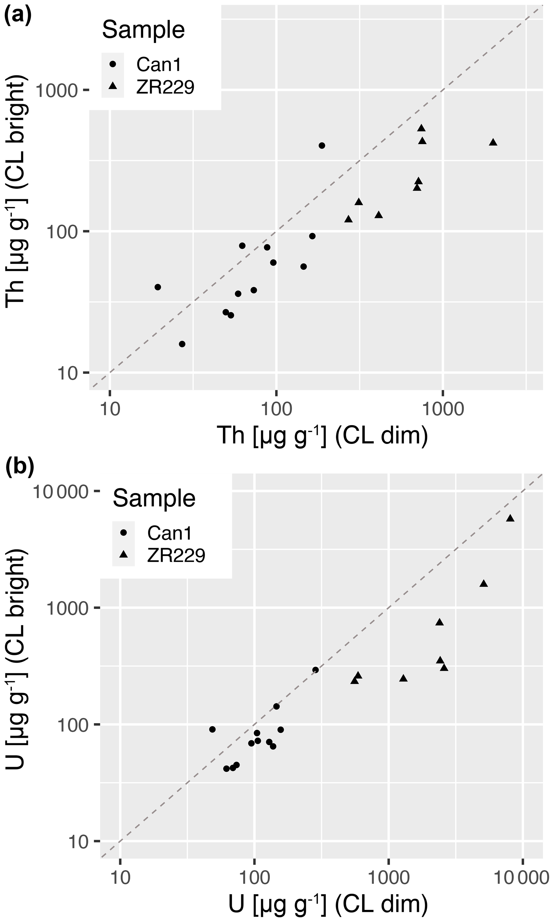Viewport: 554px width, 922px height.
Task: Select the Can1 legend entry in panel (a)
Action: click(158, 65)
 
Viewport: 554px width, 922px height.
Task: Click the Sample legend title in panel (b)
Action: click(154, 498)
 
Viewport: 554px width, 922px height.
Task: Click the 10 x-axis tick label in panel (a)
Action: click(110, 409)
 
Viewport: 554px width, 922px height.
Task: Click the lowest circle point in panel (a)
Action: click(182, 344)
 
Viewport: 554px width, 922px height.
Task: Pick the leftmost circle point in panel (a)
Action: click(158, 287)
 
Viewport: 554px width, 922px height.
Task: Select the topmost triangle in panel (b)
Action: click(510, 518)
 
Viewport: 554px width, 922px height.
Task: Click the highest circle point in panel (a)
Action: click(322, 146)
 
